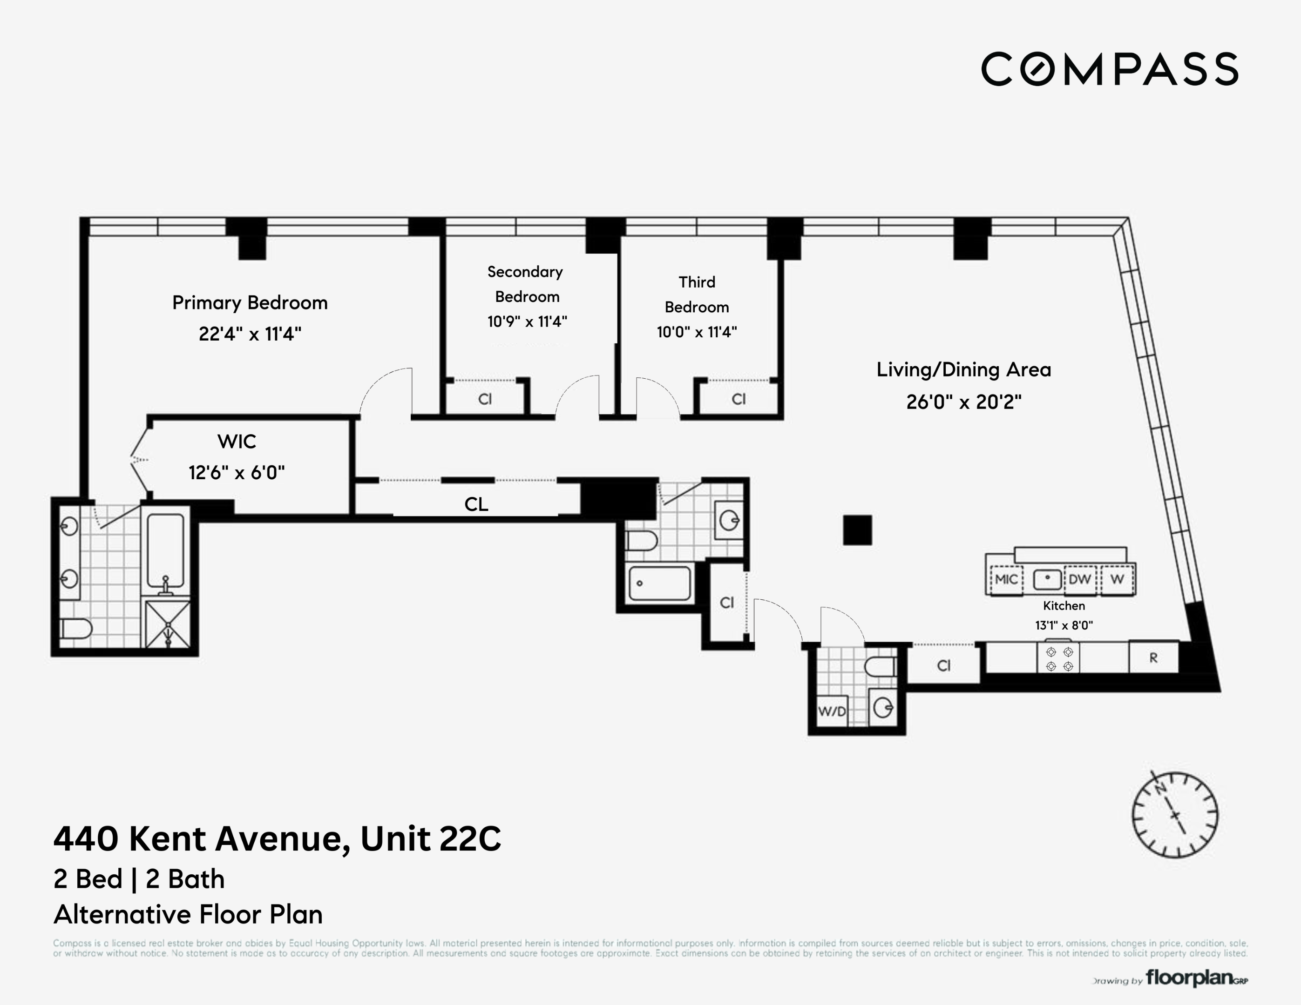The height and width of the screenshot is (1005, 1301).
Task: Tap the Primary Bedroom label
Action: [x=250, y=302]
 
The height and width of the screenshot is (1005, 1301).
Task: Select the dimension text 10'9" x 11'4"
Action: [x=527, y=322]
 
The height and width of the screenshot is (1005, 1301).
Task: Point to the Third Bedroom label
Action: [x=697, y=294]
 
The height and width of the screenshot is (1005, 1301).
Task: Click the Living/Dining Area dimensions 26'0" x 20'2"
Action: [x=963, y=402]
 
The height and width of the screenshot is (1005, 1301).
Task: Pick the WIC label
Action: [x=237, y=441]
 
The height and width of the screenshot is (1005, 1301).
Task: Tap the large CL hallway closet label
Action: [x=476, y=504]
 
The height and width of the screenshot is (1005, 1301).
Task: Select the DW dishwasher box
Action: [x=1079, y=579]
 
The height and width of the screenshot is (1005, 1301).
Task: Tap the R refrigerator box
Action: [x=1153, y=658]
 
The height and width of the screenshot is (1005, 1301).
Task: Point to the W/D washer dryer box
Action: [x=832, y=711]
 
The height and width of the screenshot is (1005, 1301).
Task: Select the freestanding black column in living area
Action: [x=857, y=530]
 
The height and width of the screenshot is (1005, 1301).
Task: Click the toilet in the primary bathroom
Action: [x=76, y=628]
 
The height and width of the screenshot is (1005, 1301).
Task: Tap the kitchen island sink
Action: [x=1047, y=579]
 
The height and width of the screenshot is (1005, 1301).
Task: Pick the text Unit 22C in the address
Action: [x=431, y=838]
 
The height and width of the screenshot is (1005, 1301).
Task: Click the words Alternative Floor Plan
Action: [x=188, y=914]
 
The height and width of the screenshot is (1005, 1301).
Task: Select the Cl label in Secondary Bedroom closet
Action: [x=485, y=399]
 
